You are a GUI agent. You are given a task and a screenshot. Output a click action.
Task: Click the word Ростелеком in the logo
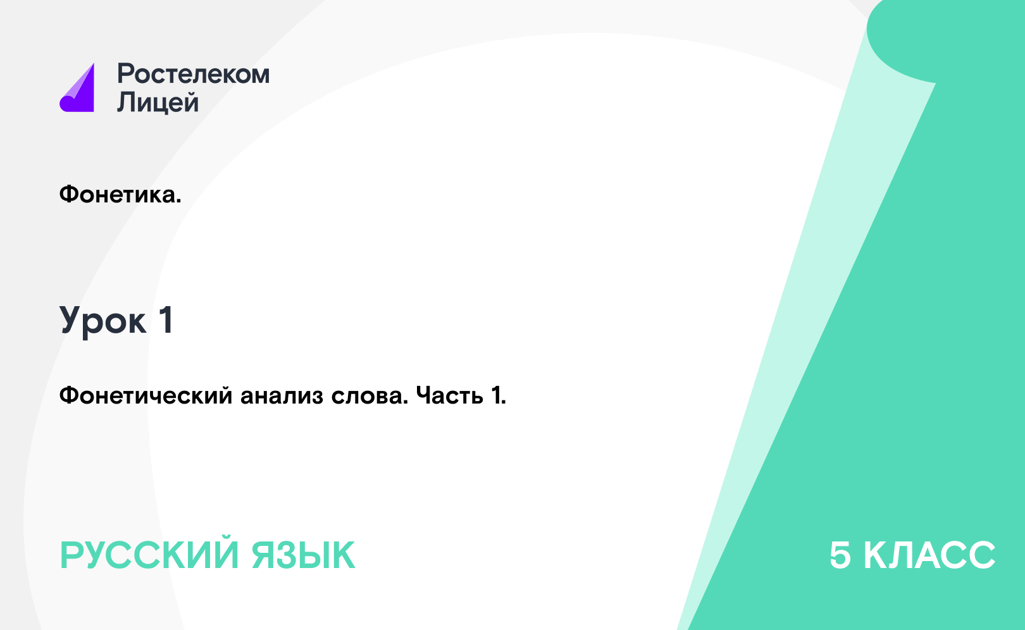pos(193,73)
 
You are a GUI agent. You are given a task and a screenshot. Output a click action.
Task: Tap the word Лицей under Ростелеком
pos(158,102)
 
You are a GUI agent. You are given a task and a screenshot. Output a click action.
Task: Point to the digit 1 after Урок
pos(166,320)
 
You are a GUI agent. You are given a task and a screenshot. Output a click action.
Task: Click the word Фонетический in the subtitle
pos(146,395)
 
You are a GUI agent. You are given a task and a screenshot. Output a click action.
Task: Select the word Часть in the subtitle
pos(449,396)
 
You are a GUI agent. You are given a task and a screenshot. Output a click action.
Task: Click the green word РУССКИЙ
pos(149,555)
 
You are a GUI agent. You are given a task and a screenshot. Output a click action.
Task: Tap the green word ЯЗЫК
pos(303,555)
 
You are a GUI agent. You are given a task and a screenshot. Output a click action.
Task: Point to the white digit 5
pos(840,555)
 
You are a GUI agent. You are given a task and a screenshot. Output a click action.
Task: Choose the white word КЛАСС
pos(929,555)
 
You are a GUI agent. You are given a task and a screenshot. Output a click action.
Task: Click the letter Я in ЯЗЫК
pos(264,555)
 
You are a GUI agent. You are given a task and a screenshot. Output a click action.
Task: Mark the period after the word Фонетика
pos(178,201)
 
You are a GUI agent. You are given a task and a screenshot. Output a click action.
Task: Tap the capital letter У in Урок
pos(73,320)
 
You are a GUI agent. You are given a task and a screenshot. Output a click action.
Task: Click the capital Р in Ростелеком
pos(125,73)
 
